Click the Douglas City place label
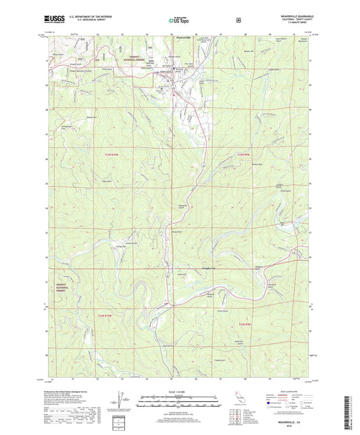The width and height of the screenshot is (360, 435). click(x=195, y=250)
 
